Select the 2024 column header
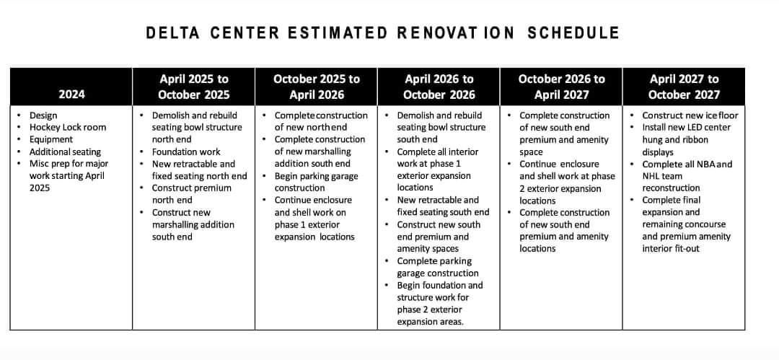(71, 95)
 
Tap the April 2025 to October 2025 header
(193, 87)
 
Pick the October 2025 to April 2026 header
(316, 87)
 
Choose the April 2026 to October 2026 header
(439, 87)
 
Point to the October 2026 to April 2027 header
(561, 87)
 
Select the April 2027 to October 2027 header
(683, 87)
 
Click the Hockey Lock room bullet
(67, 128)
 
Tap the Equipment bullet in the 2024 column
(50, 139)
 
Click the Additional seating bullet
(65, 152)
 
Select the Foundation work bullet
(185, 152)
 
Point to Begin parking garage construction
(316, 182)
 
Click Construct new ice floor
(690, 115)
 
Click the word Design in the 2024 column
(43, 115)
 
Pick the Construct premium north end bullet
(191, 194)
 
